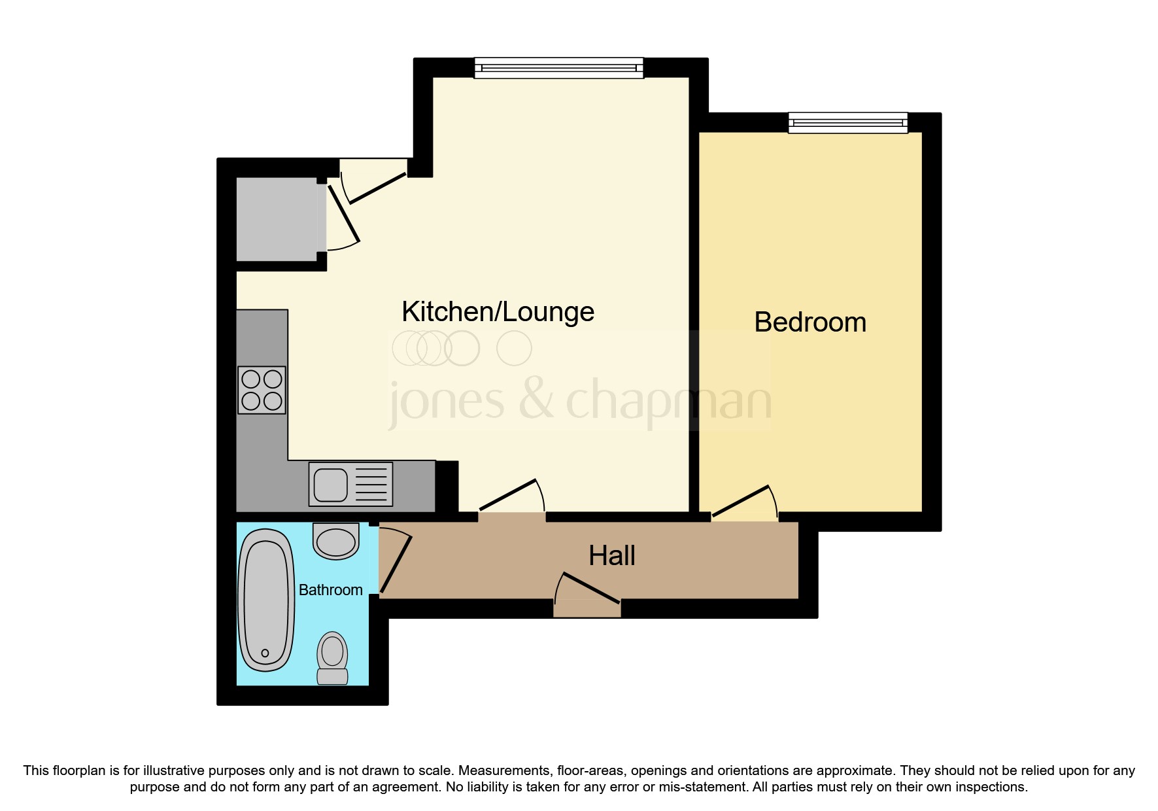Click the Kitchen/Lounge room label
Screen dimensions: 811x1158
coord(498,312)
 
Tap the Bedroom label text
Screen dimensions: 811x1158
coord(809,322)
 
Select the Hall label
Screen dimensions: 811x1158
coord(611,556)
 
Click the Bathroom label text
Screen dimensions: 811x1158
coord(330,590)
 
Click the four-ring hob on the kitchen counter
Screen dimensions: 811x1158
coord(262,390)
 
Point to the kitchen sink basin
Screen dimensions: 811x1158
coord(331,485)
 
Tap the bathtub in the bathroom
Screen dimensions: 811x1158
coord(265,600)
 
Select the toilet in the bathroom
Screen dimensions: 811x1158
coord(332,658)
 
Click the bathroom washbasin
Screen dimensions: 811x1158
coord(336,541)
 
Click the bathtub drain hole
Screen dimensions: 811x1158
coord(265,653)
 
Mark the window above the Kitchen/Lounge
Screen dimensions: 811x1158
coord(558,68)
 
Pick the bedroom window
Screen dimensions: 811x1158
coord(847,122)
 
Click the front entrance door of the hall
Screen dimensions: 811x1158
coord(587,592)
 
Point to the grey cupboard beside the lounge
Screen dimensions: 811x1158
coord(277,218)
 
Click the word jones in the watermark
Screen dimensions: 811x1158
coord(447,402)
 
